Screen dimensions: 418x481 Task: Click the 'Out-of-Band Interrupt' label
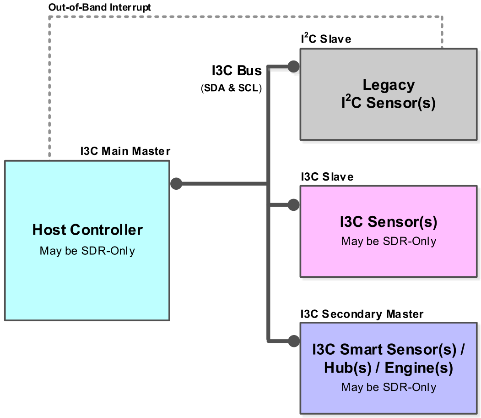tap(100, 7)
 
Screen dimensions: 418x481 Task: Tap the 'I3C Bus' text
tap(237, 71)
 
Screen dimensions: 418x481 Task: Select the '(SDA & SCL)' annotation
tap(232, 88)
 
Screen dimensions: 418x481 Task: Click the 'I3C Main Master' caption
tap(125, 151)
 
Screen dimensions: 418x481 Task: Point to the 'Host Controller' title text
tap(87, 230)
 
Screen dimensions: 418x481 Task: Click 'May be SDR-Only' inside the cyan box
tap(87, 251)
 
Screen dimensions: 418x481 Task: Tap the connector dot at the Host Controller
tap(176, 184)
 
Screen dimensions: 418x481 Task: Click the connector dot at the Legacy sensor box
tap(293, 66)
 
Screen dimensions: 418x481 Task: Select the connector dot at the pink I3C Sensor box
tap(293, 205)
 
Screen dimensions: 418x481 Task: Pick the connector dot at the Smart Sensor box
tap(293, 341)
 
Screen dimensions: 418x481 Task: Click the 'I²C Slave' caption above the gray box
tap(326, 39)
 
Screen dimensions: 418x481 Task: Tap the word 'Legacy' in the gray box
tap(389, 85)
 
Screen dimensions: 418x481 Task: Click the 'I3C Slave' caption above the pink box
tap(327, 176)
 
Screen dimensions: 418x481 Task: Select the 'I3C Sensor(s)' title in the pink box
tap(389, 222)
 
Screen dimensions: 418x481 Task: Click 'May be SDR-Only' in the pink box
tap(389, 241)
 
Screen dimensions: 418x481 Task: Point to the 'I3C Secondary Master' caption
tap(362, 314)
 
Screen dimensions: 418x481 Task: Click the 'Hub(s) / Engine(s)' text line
tap(389, 368)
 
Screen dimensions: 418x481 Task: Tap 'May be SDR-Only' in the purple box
tap(389, 387)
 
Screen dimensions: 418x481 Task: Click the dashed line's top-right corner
tap(442, 17)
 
